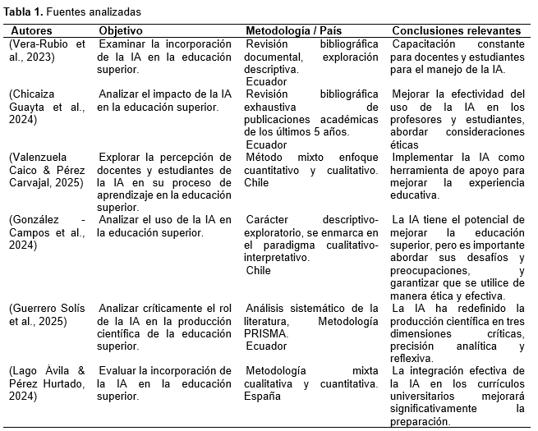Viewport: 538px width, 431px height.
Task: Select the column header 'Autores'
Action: (x=31, y=30)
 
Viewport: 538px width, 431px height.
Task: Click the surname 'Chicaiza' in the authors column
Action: (x=35, y=94)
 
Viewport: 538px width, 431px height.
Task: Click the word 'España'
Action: (x=262, y=397)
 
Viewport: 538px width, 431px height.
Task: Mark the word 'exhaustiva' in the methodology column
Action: (x=273, y=107)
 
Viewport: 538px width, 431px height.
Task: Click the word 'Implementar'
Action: (x=425, y=158)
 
